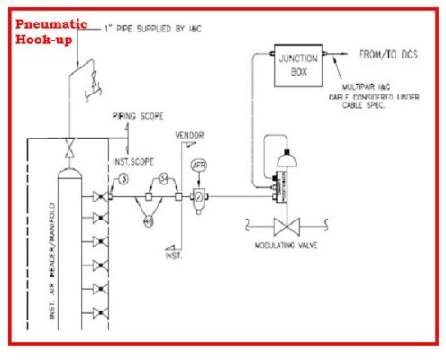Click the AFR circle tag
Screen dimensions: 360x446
[x=200, y=166]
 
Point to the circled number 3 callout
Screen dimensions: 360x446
[x=123, y=181]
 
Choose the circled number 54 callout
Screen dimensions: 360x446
[x=163, y=177]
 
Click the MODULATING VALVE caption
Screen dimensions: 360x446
[x=284, y=245]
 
